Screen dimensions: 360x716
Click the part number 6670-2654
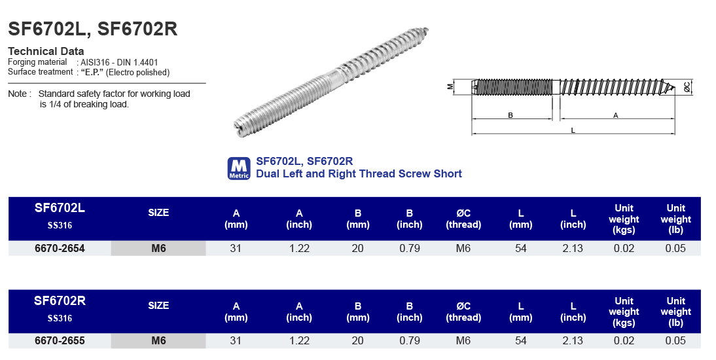point(60,249)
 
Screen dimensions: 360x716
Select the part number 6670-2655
point(60,341)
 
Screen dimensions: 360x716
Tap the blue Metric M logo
point(239,168)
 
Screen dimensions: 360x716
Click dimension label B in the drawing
point(510,115)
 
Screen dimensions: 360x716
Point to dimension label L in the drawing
point(573,130)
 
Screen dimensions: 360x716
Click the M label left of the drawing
point(450,86)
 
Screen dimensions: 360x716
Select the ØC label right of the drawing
point(687,86)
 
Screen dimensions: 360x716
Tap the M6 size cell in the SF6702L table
point(158,249)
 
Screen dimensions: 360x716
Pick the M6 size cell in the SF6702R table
point(158,341)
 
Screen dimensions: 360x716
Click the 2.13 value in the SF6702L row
point(573,249)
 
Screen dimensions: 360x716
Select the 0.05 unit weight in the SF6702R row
point(675,341)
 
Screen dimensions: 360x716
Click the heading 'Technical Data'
point(46,51)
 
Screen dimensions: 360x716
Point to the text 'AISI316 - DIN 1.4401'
point(119,62)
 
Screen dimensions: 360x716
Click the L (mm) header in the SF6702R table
point(521,312)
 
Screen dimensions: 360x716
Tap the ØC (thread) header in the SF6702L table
point(463,219)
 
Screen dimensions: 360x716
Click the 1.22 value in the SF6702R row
point(299,341)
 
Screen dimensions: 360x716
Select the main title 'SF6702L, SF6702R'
point(92,29)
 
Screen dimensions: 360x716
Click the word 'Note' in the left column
point(18,94)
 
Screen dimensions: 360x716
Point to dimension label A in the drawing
point(615,115)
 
